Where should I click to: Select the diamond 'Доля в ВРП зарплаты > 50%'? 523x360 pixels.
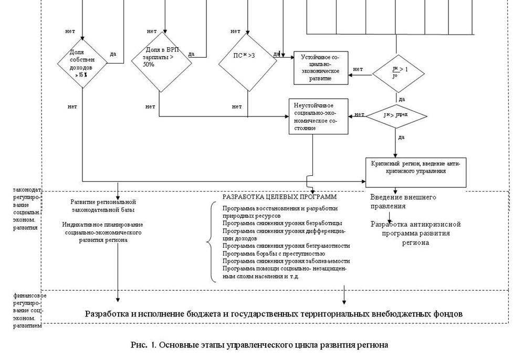[x=159, y=57]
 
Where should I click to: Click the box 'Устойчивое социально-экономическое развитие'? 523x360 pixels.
[x=320, y=67]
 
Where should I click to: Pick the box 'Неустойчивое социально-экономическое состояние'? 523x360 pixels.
[x=318, y=116]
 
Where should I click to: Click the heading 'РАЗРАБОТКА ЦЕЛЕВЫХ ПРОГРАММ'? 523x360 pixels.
[x=279, y=197]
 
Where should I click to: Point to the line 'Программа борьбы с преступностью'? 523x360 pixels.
[x=266, y=253]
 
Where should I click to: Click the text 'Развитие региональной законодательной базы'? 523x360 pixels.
[x=103, y=206]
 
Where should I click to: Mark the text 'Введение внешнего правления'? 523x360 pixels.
[x=403, y=202]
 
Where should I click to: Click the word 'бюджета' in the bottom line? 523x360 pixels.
[x=208, y=314]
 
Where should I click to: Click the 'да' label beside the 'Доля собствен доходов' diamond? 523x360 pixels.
[x=113, y=54]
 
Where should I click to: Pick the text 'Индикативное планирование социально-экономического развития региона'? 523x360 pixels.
[x=103, y=231]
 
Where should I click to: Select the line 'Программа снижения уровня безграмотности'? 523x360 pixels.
[x=286, y=246]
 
